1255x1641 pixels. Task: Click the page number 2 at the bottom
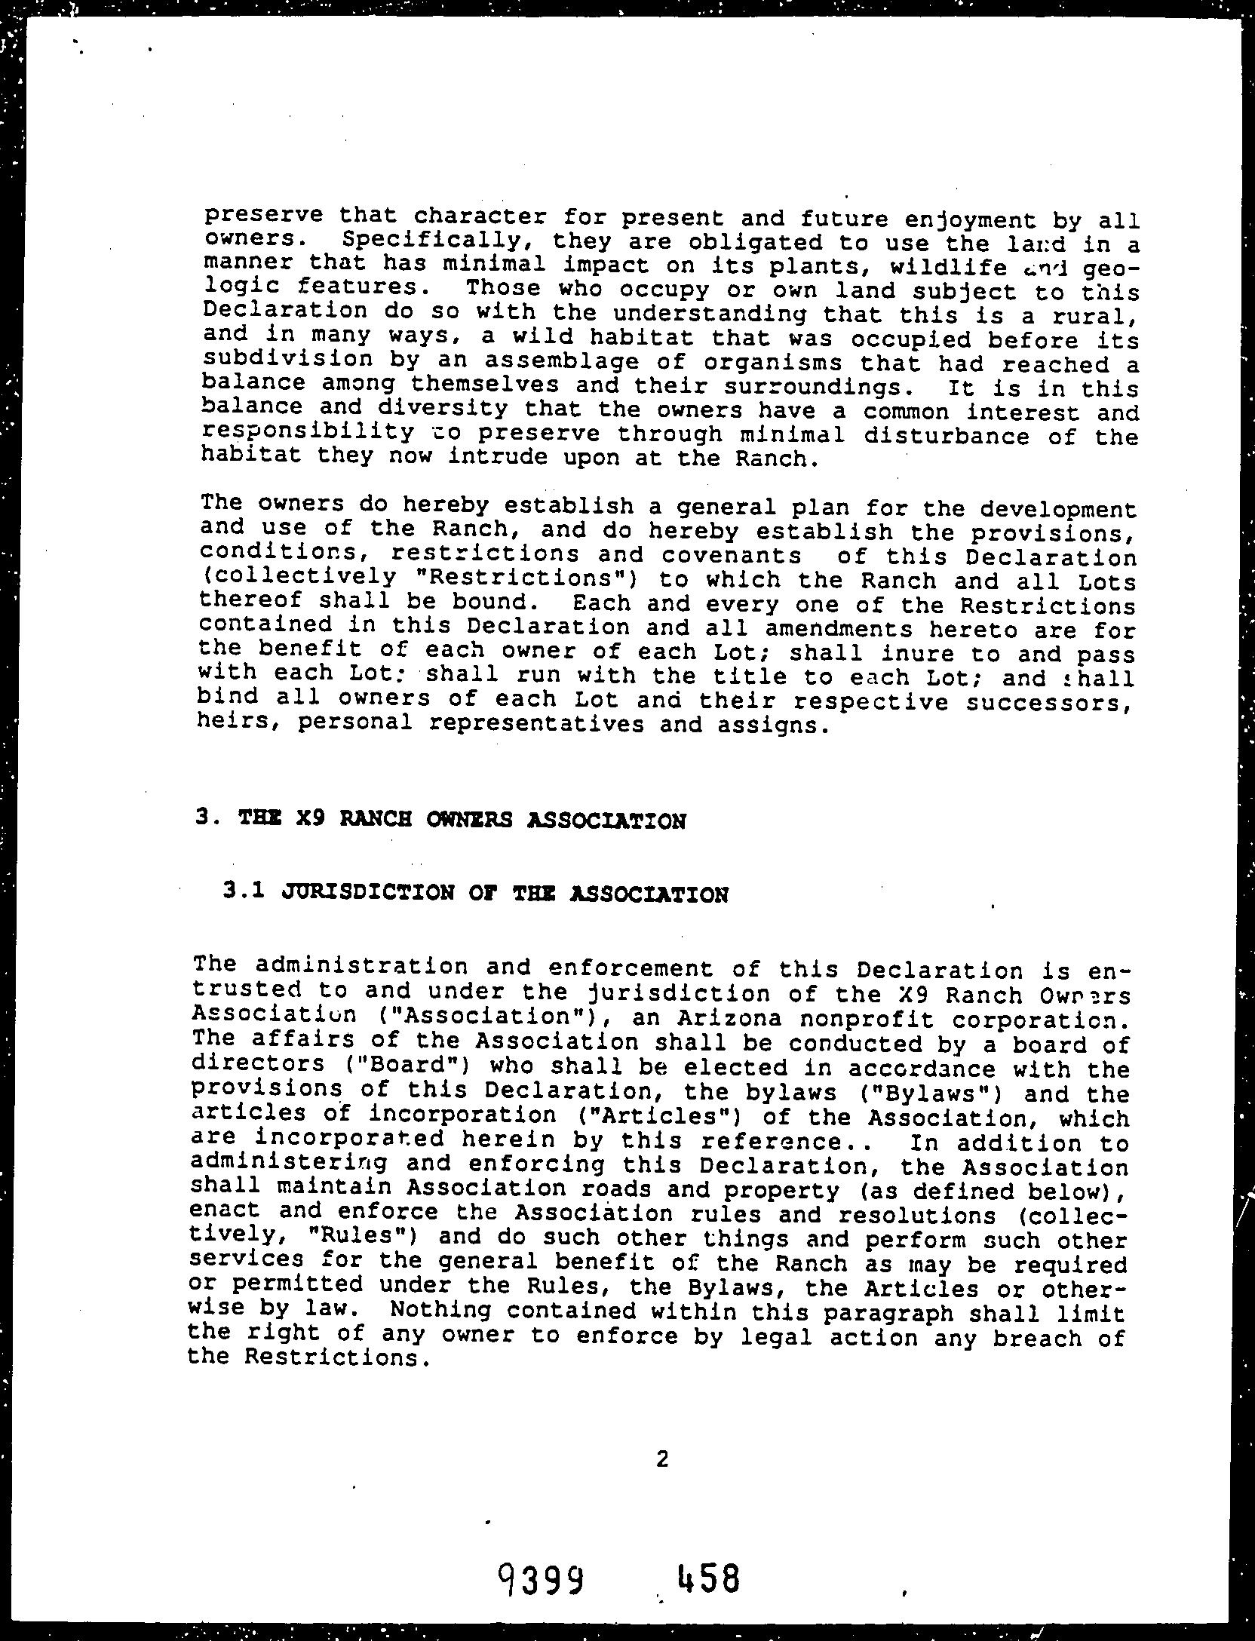pos(662,1459)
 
